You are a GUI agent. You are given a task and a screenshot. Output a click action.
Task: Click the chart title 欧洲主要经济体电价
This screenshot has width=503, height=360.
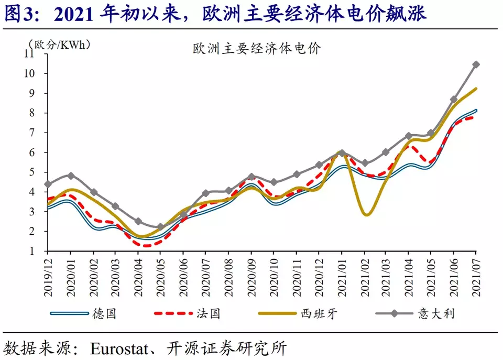coord(257,49)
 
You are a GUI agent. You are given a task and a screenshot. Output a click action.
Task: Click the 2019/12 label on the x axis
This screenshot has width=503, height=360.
coord(48,274)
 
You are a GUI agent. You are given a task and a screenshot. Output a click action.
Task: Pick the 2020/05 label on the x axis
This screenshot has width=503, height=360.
coord(160,274)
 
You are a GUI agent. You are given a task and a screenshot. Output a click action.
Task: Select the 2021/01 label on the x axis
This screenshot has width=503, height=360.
coord(341,274)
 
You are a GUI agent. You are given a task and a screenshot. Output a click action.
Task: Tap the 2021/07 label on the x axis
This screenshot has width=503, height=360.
coord(476,274)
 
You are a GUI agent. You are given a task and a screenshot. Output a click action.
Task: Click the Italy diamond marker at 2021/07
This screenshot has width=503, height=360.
coord(476,64)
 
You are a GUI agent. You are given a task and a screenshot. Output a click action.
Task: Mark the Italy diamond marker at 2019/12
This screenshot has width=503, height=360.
coord(48,184)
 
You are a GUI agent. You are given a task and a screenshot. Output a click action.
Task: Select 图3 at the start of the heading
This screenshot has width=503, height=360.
coord(16,13)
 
